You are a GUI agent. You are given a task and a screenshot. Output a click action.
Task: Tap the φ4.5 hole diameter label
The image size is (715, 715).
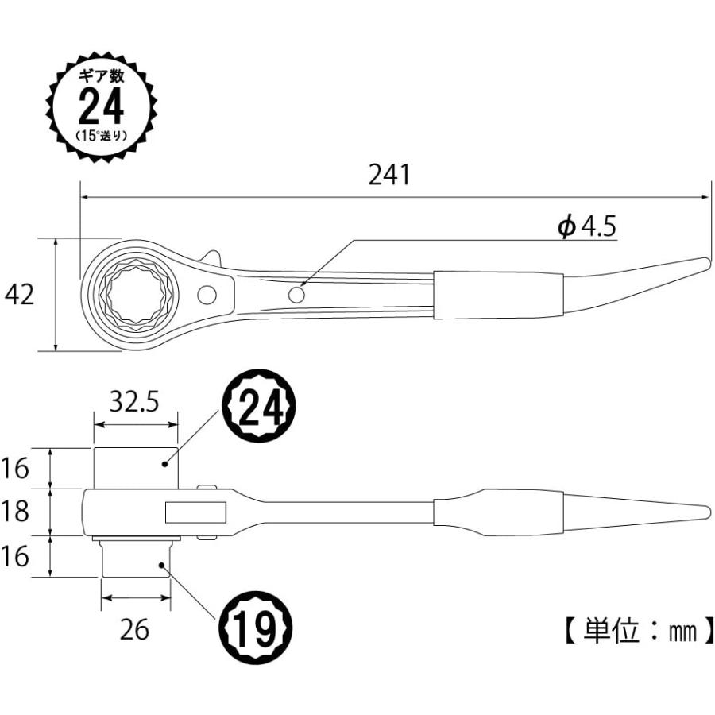[586, 228]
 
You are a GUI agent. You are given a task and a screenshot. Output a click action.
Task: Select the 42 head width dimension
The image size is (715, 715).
[20, 295]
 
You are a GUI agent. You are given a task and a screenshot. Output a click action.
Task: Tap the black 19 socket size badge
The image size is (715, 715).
[256, 632]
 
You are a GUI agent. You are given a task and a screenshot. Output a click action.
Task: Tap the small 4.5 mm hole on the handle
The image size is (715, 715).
[297, 295]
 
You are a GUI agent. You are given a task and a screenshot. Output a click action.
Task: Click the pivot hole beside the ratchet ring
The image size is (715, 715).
[207, 295]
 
